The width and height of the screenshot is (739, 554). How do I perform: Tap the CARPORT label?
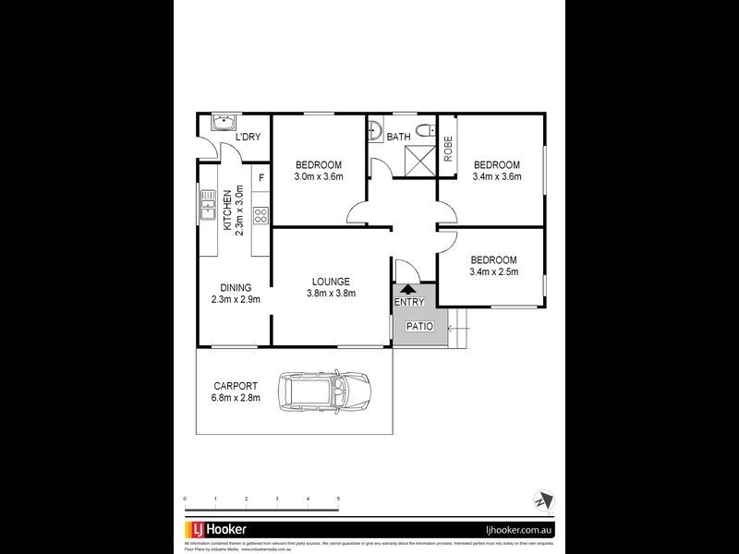pos(236,386)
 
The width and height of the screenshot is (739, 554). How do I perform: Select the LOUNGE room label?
pos(330,281)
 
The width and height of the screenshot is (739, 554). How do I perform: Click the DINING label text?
pos(236,287)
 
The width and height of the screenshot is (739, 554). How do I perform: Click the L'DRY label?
pos(248,138)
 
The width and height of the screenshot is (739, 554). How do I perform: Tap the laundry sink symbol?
pos(222,124)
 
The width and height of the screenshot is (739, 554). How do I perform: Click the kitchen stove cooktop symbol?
pos(260,216)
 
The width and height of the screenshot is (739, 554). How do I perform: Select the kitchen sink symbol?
pos(204,205)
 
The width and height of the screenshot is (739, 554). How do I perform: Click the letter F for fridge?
pos(261,177)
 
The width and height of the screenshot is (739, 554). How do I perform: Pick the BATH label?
pos(398,138)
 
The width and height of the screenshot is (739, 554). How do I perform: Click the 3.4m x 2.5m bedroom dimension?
pos(494,271)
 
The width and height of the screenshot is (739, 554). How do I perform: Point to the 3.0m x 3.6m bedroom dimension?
pos(319,176)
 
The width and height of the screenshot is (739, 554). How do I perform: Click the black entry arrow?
pos(407,289)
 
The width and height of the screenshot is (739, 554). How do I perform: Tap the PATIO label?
pos(419,326)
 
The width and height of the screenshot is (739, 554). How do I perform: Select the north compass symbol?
pos(540,500)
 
